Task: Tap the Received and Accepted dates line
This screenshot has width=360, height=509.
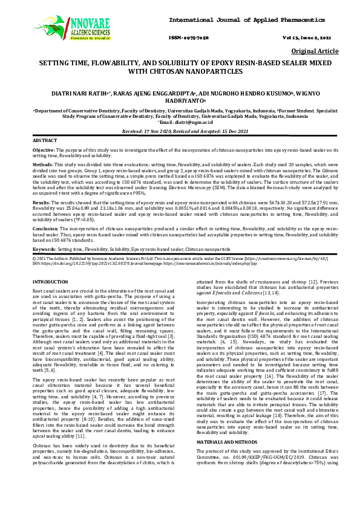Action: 180,131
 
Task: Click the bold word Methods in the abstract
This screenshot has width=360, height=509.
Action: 43,164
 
